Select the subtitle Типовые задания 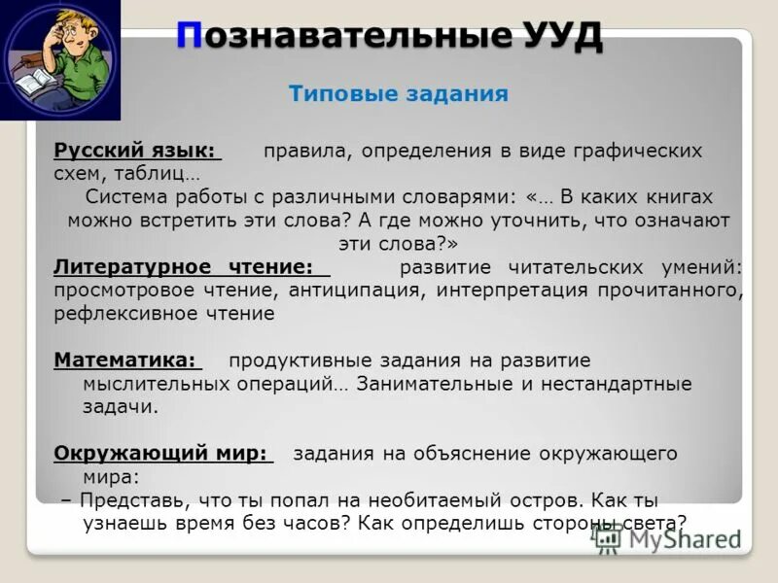click(399, 94)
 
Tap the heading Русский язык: click(136, 152)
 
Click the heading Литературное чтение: click(184, 267)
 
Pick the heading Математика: click(125, 360)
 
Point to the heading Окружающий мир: click(160, 453)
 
